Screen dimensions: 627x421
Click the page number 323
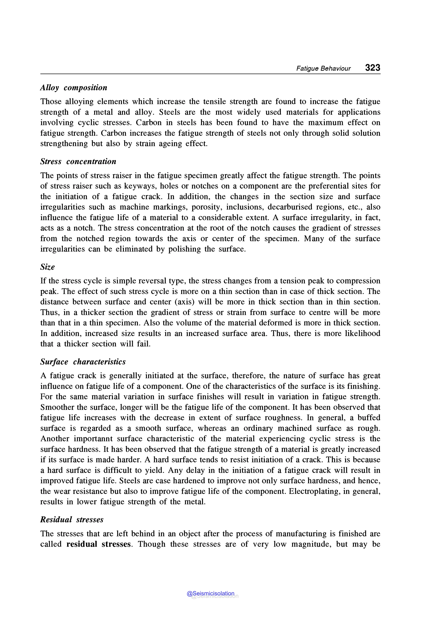pyautogui.click(x=372, y=67)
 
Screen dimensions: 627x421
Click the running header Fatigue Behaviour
pyautogui.click(x=323, y=68)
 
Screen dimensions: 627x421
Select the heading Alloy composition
pyautogui.click(x=74, y=88)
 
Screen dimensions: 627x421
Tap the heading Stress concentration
pyautogui.click(x=78, y=161)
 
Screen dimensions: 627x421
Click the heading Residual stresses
pyautogui.click(x=72, y=520)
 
